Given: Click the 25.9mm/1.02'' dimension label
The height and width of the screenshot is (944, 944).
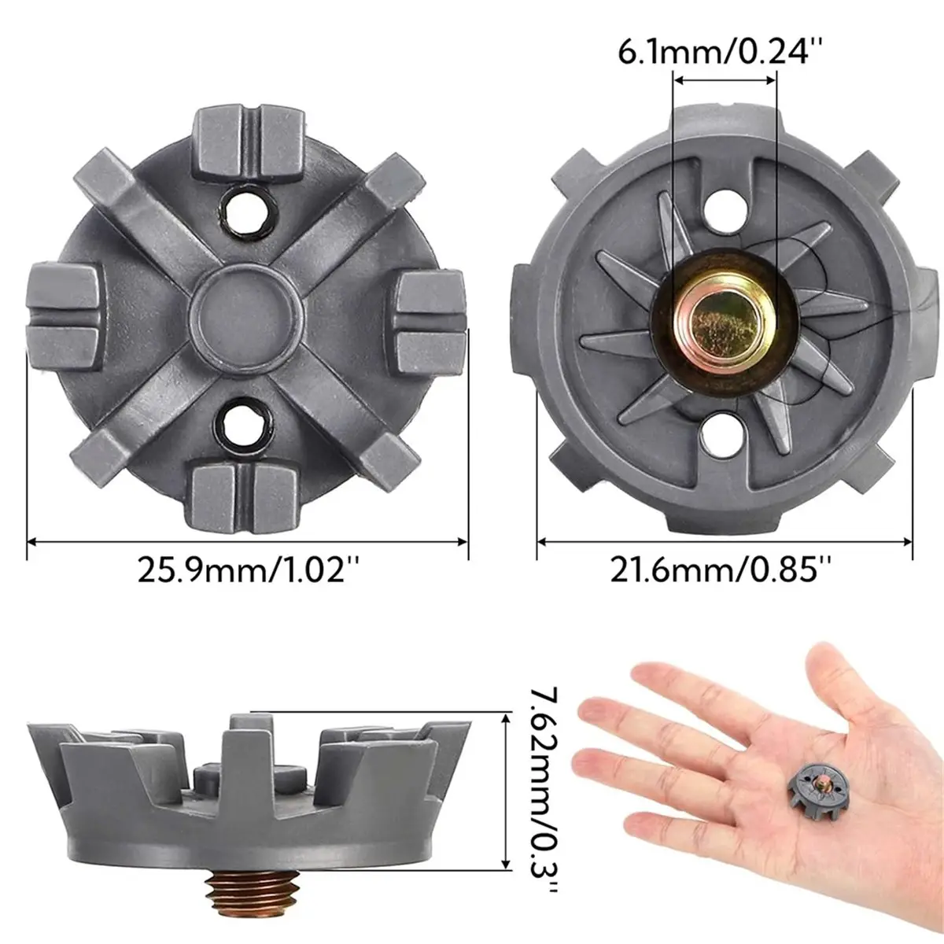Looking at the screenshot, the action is tap(248, 570).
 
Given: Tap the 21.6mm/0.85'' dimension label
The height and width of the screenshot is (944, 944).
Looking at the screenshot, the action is tap(721, 570).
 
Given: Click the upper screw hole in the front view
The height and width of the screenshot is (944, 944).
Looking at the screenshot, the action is tap(246, 212).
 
